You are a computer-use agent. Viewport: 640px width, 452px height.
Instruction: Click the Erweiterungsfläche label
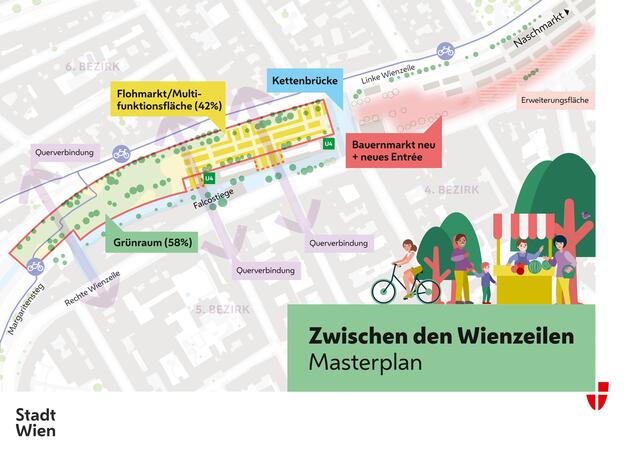click(556, 101)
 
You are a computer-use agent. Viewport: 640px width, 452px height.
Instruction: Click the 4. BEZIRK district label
click(451, 188)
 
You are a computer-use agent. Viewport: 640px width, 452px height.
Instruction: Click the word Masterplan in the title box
click(364, 362)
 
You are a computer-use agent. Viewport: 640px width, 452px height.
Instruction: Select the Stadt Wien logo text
click(36, 422)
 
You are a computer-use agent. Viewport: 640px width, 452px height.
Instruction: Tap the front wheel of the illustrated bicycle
click(425, 289)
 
